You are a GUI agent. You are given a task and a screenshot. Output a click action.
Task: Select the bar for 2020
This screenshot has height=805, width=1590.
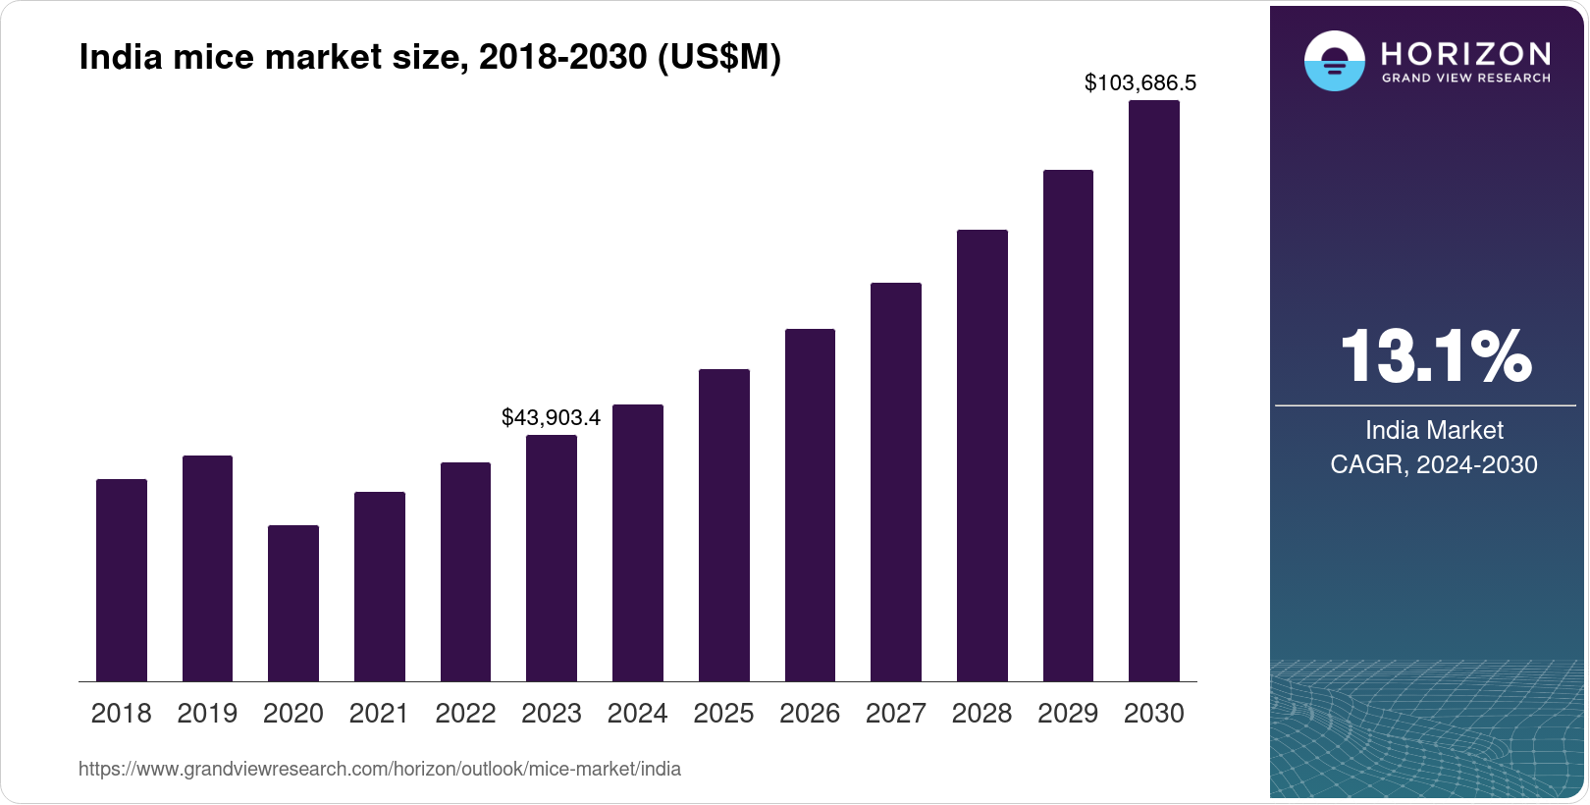coord(293,603)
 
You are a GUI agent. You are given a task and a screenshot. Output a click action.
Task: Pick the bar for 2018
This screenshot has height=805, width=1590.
coord(122,580)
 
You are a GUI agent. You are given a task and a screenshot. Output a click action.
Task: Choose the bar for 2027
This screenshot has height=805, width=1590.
coord(896,482)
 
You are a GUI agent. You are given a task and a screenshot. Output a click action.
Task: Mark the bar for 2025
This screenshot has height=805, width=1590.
coord(724,525)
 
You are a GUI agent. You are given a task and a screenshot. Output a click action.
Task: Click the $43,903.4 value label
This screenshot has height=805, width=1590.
coord(551,417)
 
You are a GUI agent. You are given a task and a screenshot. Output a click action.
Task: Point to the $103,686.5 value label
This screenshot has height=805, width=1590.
coord(1139,83)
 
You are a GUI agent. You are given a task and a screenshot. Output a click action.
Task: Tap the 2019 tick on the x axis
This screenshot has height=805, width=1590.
coord(207,714)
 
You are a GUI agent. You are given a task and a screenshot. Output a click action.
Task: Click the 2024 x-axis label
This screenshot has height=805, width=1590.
coord(637,714)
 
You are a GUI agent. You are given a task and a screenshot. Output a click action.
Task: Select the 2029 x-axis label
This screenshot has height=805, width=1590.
coord(1068,714)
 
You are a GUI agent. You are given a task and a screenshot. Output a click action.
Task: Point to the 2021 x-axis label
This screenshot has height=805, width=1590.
coord(379,714)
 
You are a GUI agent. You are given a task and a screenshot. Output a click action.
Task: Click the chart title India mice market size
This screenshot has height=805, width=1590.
coord(430,58)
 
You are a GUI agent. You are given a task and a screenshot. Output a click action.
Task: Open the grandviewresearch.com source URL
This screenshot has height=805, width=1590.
coord(380,769)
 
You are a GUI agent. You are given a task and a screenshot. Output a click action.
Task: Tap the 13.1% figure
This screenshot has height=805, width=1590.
coord(1435,355)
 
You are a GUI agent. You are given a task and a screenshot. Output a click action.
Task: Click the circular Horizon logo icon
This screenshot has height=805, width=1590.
coord(1334,61)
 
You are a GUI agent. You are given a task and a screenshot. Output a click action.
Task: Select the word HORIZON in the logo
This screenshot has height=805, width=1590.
coord(1466,53)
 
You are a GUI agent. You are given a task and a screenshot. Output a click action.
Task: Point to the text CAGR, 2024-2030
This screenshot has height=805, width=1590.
coord(1434,464)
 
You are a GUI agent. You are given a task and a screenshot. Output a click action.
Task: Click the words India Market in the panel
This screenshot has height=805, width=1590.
coord(1434,430)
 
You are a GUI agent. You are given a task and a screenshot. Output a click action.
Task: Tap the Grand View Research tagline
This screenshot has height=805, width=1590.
coord(1466,79)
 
